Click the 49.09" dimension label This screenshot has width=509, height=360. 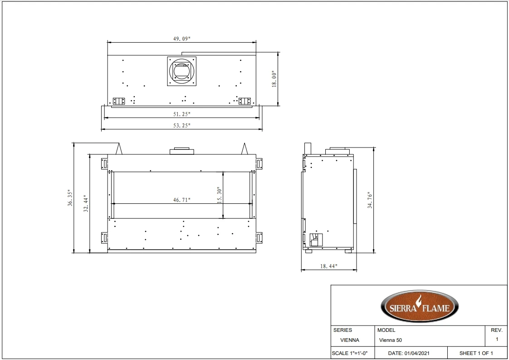pyautogui.click(x=181, y=39)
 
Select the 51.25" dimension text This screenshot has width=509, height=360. pyautogui.click(x=181, y=114)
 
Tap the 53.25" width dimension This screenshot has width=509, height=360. pyautogui.click(x=181, y=125)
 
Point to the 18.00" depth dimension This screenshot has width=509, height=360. pyautogui.click(x=274, y=79)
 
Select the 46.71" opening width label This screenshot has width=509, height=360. pyautogui.click(x=181, y=200)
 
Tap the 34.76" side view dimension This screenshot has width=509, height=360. pyautogui.click(x=370, y=200)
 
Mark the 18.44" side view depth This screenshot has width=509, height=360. pyautogui.click(x=328, y=266)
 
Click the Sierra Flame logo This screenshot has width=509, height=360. pyautogui.click(x=419, y=306)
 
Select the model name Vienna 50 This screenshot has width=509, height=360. pyautogui.click(x=390, y=340)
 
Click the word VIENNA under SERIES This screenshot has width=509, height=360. pyautogui.click(x=349, y=340)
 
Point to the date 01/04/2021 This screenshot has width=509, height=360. pyautogui.click(x=410, y=353)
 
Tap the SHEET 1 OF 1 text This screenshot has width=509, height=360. pyautogui.click(x=476, y=353)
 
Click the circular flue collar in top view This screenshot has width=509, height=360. pyautogui.click(x=181, y=71)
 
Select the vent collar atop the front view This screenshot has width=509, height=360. pyautogui.click(x=181, y=151)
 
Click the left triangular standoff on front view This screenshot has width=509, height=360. pyautogui.click(x=119, y=148)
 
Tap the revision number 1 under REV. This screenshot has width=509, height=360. pyautogui.click(x=497, y=339)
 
